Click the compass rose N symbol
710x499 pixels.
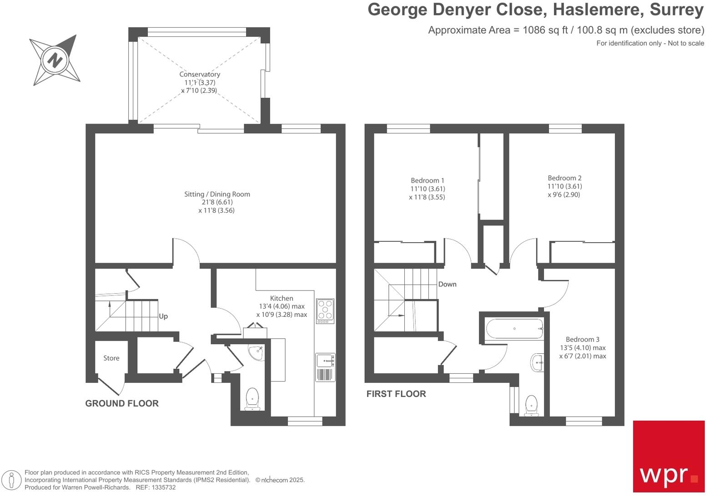click(x=55, y=60)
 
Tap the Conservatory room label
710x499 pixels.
click(x=200, y=74)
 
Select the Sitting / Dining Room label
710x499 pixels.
click(x=217, y=194)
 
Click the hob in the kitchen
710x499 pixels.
click(x=325, y=311)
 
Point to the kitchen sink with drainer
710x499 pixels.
click(x=325, y=367)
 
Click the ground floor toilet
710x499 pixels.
click(x=252, y=399)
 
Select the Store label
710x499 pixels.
click(x=111, y=358)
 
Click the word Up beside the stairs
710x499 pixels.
click(x=163, y=316)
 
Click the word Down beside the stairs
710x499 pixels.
click(x=447, y=284)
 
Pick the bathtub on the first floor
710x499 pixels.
click(x=514, y=328)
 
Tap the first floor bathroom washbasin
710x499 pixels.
click(x=537, y=363)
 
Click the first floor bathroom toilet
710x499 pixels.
click(x=531, y=405)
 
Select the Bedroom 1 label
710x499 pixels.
click(x=427, y=180)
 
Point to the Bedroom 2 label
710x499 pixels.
click(x=564, y=178)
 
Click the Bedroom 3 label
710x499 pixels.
click(x=582, y=339)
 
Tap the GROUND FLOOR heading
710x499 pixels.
click(x=122, y=403)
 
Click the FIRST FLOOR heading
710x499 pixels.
click(x=396, y=394)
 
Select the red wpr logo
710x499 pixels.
click(x=669, y=456)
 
